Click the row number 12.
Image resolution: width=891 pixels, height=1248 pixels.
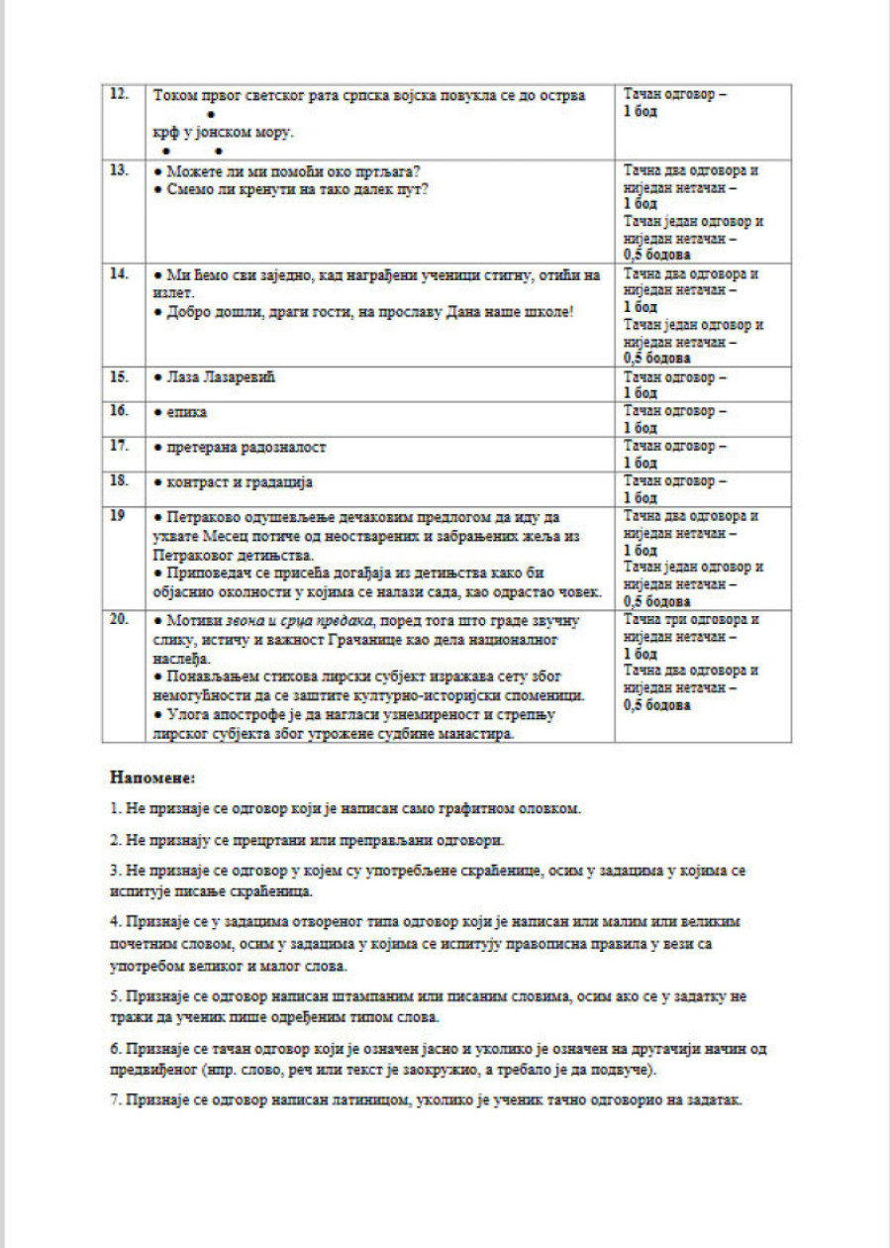coord(119,93)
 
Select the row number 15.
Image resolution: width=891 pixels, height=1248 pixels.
coord(119,377)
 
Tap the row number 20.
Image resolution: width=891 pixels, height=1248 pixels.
coord(119,619)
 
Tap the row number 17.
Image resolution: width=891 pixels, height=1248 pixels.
coord(119,446)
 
